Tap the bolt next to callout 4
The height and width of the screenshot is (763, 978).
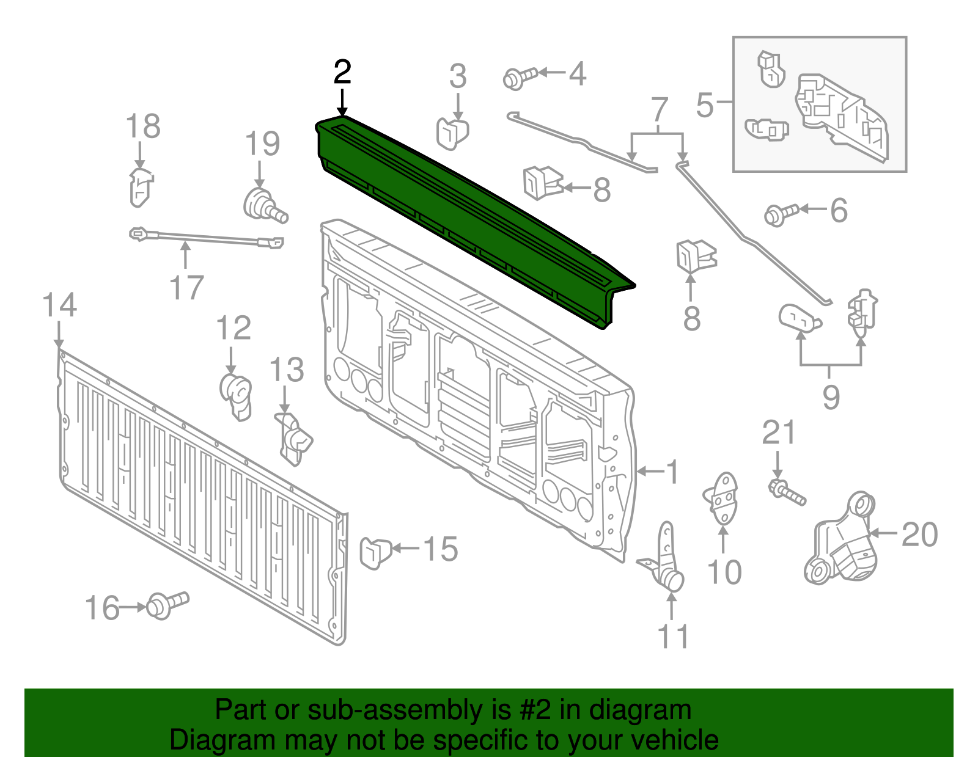pyautogui.click(x=519, y=77)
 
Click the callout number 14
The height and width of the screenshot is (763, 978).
pyautogui.click(x=59, y=305)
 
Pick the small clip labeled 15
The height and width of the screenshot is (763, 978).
pyautogui.click(x=374, y=551)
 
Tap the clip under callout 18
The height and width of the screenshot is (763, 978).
pyautogui.click(x=140, y=186)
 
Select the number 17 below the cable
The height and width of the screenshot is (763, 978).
pyautogui.click(x=186, y=287)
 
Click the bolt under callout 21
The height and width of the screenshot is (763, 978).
pyautogui.click(x=787, y=492)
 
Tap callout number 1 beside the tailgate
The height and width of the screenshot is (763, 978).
pyautogui.click(x=672, y=472)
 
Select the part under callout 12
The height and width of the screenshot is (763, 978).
pyautogui.click(x=236, y=396)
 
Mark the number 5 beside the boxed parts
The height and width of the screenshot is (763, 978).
pyautogui.click(x=704, y=105)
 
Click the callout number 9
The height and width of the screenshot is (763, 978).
pyautogui.click(x=831, y=397)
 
